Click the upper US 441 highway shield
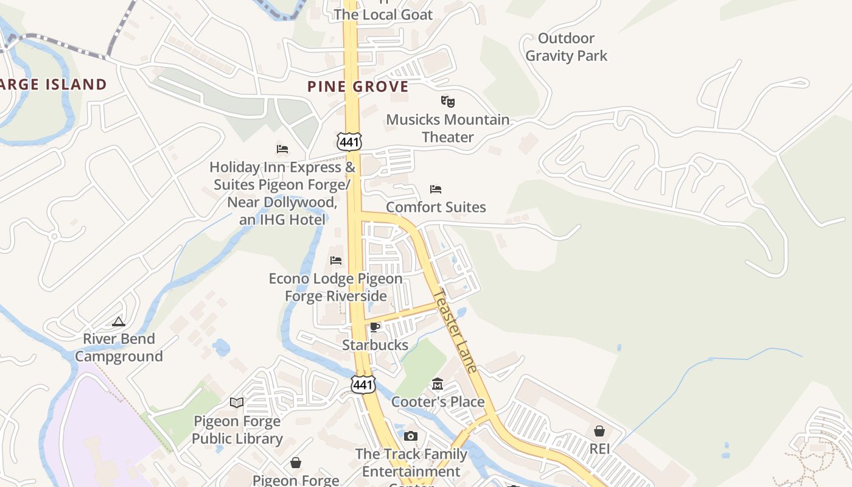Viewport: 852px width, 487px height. pyautogui.click(x=349, y=142)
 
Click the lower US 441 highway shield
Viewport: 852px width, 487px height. pyautogui.click(x=363, y=384)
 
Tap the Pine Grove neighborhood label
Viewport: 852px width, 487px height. pyautogui.click(x=358, y=86)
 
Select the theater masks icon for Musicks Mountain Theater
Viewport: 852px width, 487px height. pyautogui.click(x=447, y=101)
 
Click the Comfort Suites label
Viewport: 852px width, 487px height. pyautogui.click(x=436, y=207)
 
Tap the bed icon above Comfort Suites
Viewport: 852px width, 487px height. pyautogui.click(x=436, y=189)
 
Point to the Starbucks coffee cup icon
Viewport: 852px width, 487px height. pyautogui.click(x=375, y=328)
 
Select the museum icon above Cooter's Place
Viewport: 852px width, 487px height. pyautogui.click(x=438, y=384)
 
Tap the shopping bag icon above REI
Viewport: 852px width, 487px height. pyautogui.click(x=599, y=431)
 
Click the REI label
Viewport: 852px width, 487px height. pyautogui.click(x=599, y=449)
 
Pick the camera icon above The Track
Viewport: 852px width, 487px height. pyautogui.click(x=411, y=436)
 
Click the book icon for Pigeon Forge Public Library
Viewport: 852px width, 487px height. pyautogui.click(x=237, y=402)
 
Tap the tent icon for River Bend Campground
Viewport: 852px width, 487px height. pyautogui.click(x=119, y=321)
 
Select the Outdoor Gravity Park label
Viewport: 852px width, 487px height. pyautogui.click(x=566, y=47)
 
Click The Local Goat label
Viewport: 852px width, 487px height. pyautogui.click(x=383, y=15)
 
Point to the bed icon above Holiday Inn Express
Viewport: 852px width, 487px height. pyautogui.click(x=282, y=149)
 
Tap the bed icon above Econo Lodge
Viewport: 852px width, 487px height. pyautogui.click(x=336, y=261)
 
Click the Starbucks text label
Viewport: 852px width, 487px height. pyautogui.click(x=375, y=345)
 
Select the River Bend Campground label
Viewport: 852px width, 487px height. pyautogui.click(x=119, y=348)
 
